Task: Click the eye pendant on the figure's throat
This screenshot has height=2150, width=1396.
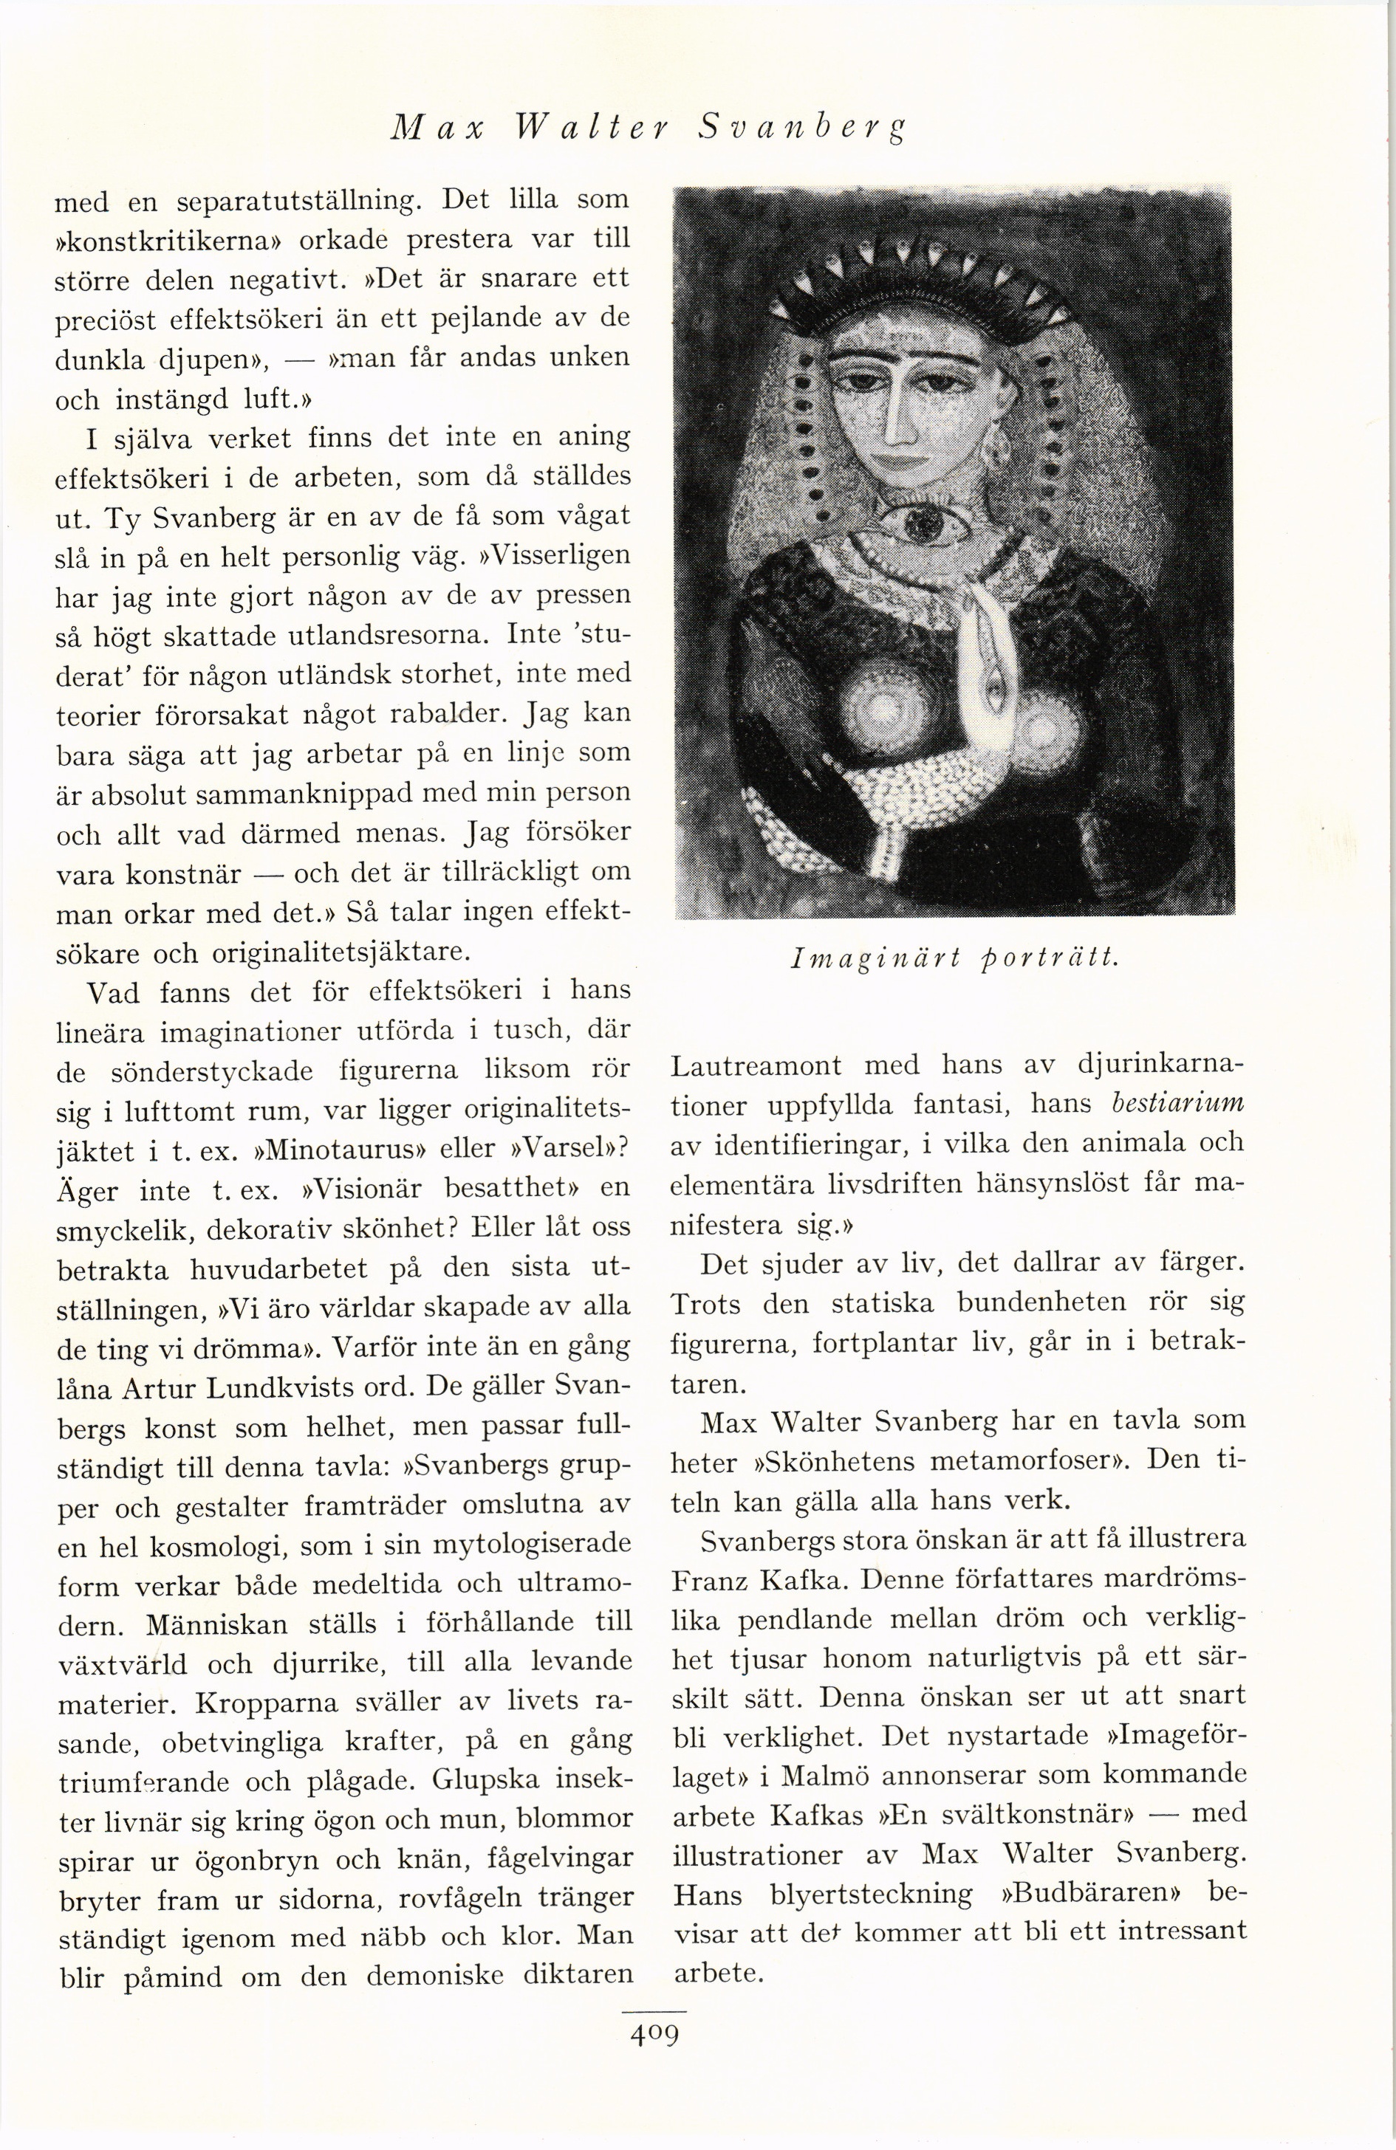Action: click(x=922, y=521)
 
